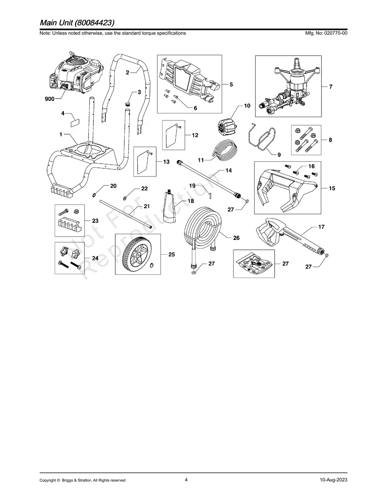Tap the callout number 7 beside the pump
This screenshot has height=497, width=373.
(x=331, y=87)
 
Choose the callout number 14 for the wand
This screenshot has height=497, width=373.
(x=228, y=170)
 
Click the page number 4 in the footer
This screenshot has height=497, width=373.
(x=186, y=480)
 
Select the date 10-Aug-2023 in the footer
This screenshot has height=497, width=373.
(x=333, y=480)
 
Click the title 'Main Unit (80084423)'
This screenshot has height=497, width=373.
(x=77, y=22)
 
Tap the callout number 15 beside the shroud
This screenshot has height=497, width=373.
(x=332, y=188)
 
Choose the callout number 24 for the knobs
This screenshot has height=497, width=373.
(x=95, y=258)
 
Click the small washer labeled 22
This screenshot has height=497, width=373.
(x=125, y=193)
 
